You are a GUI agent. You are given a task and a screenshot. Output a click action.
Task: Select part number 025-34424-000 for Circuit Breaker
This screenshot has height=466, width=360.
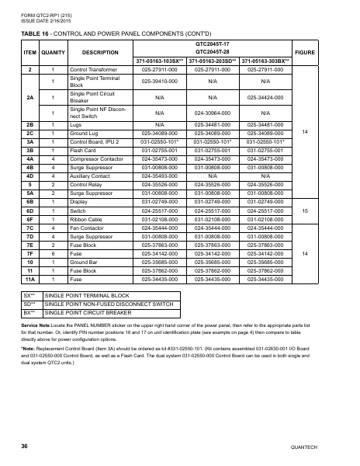click(266, 97)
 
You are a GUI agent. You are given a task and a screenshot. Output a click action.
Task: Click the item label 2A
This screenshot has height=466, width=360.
click(29, 97)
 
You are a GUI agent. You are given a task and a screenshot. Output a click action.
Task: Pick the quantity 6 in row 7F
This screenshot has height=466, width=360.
click(52, 254)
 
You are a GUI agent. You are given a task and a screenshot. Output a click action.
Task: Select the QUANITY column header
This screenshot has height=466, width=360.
click(52, 52)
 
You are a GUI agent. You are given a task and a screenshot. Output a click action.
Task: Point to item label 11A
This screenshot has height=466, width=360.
click(29, 276)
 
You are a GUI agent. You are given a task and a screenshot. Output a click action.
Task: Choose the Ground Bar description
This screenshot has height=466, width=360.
click(87, 262)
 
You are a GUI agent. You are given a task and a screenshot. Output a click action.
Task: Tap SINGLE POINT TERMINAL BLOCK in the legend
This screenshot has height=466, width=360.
click(85, 296)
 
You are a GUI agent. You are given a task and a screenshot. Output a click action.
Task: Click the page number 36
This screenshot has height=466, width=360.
click(25, 447)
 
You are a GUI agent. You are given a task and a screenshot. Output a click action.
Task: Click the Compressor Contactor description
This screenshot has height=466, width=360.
click(96, 158)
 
